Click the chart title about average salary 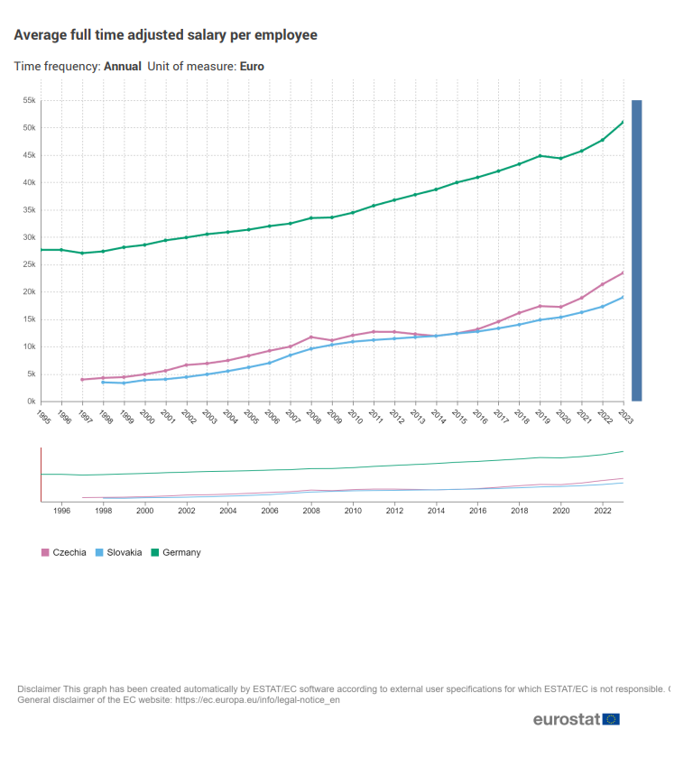point(165,35)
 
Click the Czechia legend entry point(69,552)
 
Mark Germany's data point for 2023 point(624,122)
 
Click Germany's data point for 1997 point(82,253)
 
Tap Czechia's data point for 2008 point(311,337)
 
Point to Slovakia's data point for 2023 point(624,297)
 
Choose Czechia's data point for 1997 point(82,379)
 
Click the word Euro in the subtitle point(252,66)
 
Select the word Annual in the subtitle point(123,66)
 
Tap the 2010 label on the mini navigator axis point(353,511)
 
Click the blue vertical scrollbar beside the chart point(636,250)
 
